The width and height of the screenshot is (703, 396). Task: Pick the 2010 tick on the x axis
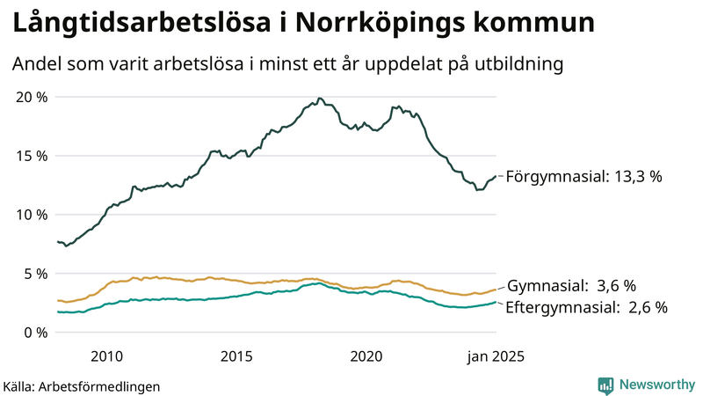[105, 356]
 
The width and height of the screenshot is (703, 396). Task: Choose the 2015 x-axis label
[236, 356]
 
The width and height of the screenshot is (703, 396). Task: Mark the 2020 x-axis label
[366, 356]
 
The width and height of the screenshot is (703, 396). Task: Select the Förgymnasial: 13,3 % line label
[583, 177]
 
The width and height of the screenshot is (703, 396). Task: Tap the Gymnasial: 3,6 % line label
[570, 286]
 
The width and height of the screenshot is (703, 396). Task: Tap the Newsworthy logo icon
[605, 385]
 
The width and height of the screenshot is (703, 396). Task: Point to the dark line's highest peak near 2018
[320, 98]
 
